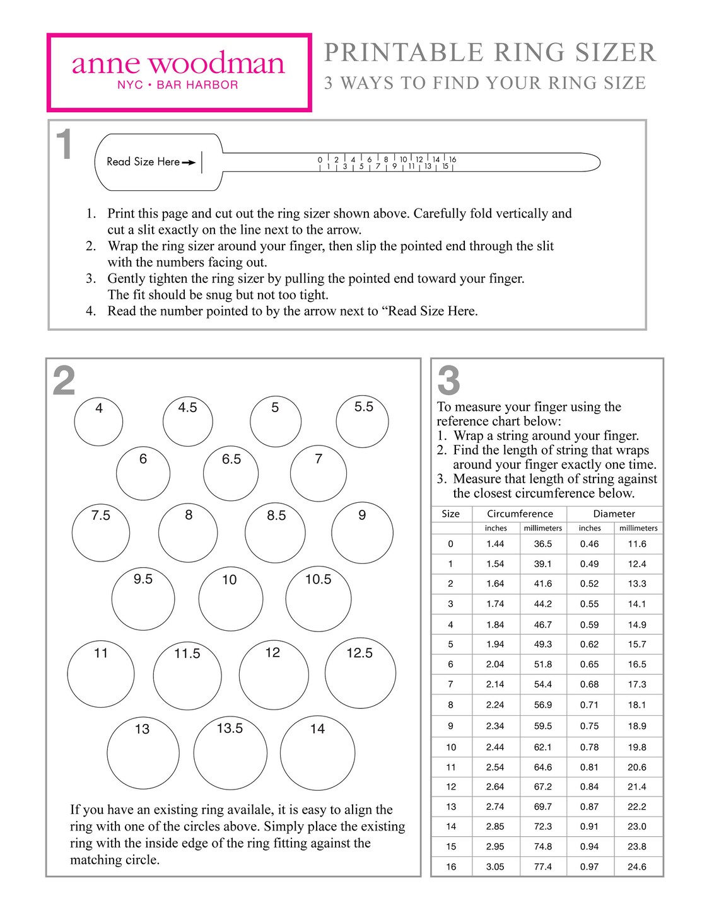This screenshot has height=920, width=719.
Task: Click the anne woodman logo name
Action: (x=178, y=63)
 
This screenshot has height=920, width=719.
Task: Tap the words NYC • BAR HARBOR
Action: (x=178, y=85)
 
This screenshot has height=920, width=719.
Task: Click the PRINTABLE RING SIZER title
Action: (x=490, y=52)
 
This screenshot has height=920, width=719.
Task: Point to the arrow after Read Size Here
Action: (x=189, y=163)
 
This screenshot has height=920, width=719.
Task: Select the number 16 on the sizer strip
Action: (x=452, y=159)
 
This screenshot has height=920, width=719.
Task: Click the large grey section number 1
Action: (x=64, y=145)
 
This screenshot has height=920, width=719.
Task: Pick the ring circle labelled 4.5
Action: (x=187, y=422)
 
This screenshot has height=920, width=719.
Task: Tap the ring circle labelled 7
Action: (x=318, y=474)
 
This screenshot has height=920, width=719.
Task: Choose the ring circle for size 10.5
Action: (x=318, y=599)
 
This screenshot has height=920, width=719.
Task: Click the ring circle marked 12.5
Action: (x=360, y=673)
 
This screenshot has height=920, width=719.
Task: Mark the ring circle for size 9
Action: (x=362, y=533)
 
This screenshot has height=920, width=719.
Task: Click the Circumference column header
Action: (x=520, y=514)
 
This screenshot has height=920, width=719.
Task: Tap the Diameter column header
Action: (x=614, y=514)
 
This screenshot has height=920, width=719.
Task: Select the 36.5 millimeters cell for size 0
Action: (x=542, y=544)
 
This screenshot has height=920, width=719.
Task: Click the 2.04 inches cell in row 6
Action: (x=495, y=664)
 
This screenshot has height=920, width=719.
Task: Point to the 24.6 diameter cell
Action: (x=637, y=866)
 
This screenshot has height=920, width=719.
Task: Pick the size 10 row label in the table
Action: (x=451, y=747)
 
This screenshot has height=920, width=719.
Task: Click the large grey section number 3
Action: (x=448, y=381)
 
